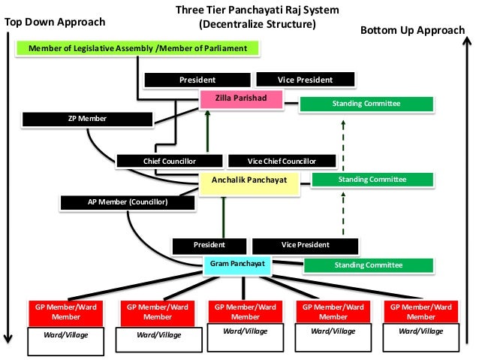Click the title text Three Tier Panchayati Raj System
click(257, 11)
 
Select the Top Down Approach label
click(55, 23)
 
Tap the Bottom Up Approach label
click(412, 30)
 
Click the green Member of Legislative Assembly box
click(137, 49)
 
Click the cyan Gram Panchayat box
click(238, 265)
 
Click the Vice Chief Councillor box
click(281, 161)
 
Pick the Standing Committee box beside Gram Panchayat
click(368, 265)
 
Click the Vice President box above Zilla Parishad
click(305, 80)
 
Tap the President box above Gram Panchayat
click(209, 245)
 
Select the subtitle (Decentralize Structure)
click(257, 24)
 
